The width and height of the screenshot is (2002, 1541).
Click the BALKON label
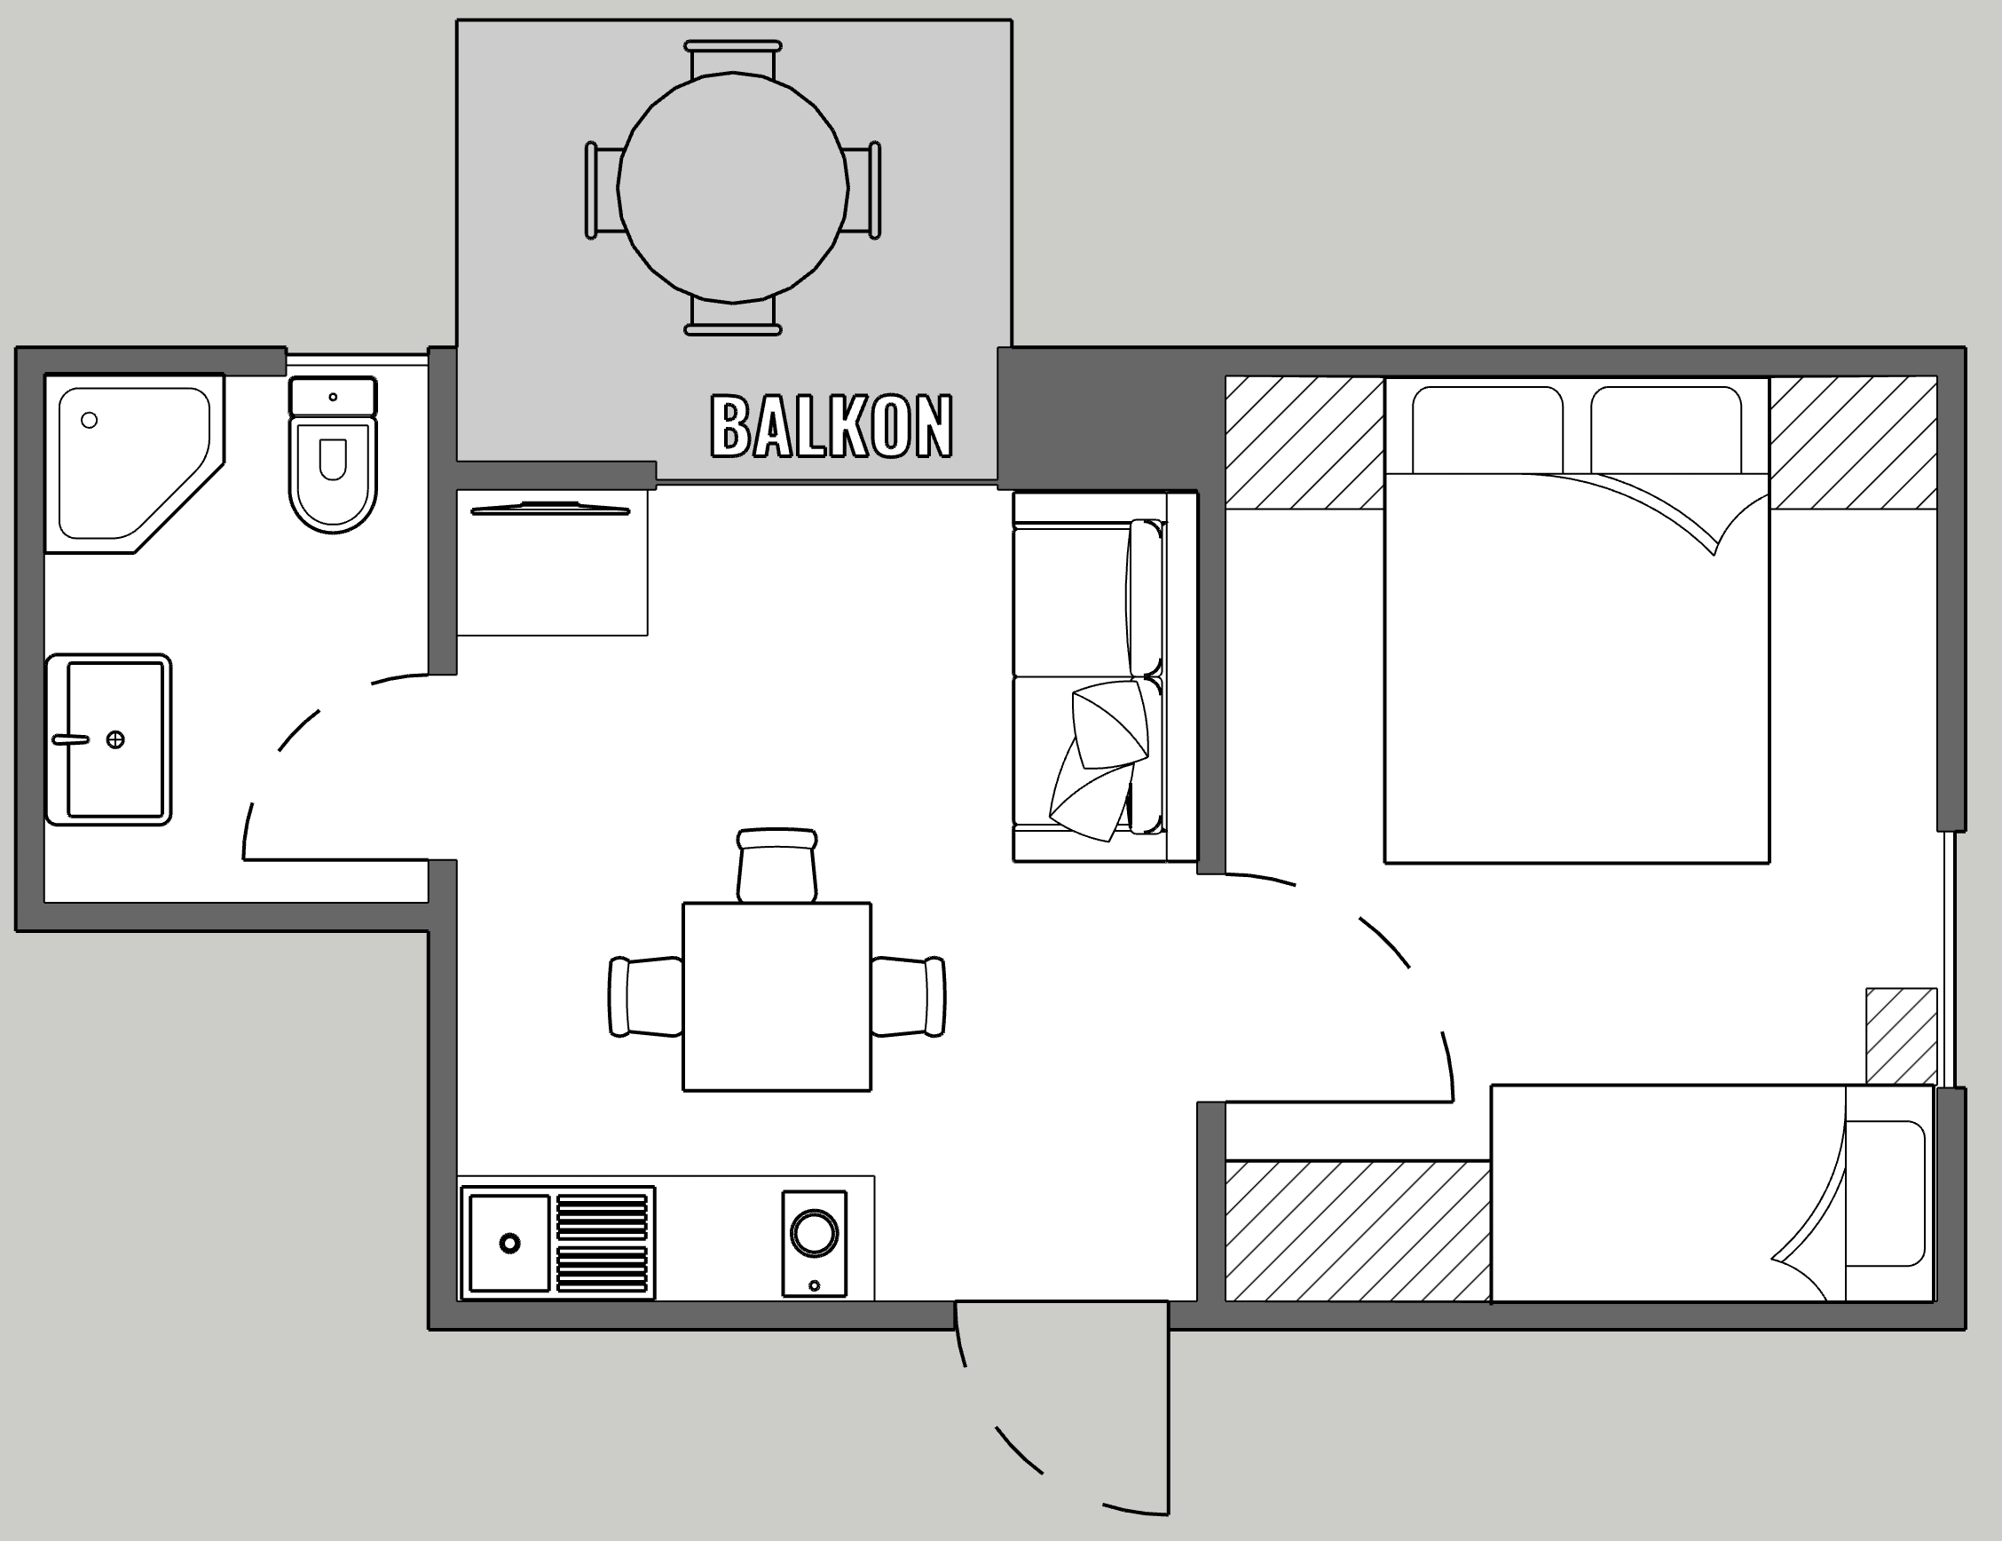832,426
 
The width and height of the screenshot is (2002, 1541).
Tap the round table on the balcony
732,188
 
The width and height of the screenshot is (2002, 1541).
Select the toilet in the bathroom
333,454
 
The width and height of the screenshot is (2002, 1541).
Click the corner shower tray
134,463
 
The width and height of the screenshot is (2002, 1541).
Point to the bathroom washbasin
109,739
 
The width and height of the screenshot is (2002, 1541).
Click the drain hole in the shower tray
89,420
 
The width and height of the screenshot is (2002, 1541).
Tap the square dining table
776,997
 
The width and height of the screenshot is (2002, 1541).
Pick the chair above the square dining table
777,865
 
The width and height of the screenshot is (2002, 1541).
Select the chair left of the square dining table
645,997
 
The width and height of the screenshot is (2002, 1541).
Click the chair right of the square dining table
909,997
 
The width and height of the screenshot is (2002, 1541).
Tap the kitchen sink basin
508,1243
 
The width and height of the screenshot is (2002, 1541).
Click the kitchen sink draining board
603,1243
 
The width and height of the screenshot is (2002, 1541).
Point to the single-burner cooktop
814,1243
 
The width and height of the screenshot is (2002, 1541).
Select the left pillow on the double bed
1486,430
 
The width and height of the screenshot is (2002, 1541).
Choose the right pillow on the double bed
1666,430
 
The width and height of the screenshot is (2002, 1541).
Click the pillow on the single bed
1886,1193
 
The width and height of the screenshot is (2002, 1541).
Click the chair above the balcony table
733,59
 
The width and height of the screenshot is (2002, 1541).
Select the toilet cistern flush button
333,397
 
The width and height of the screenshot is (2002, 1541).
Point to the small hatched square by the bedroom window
1901,1036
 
